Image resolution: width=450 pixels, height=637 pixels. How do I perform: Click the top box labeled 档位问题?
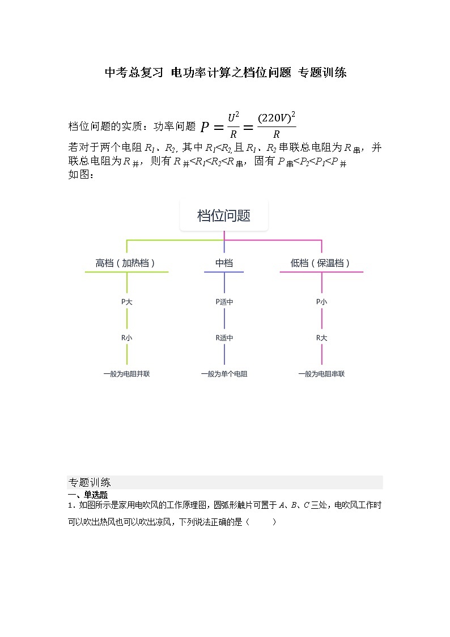pyautogui.click(x=224, y=216)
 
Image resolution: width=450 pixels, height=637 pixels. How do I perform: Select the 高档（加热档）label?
pyautogui.click(x=126, y=263)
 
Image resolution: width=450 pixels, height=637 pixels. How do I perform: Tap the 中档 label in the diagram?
pyautogui.click(x=224, y=263)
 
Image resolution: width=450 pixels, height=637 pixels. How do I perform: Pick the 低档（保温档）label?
pyautogui.click(x=321, y=263)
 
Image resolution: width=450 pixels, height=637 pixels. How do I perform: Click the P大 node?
pyautogui.click(x=126, y=302)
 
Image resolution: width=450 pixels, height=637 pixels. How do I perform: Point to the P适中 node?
pyautogui.click(x=224, y=302)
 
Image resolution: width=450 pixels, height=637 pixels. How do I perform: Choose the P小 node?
pyautogui.click(x=321, y=302)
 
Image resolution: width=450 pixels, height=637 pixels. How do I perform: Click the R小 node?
pyautogui.click(x=126, y=338)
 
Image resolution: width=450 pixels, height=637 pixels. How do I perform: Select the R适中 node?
pyautogui.click(x=224, y=338)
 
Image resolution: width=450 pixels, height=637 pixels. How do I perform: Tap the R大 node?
pyautogui.click(x=321, y=338)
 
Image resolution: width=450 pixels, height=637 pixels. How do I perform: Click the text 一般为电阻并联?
pyautogui.click(x=126, y=374)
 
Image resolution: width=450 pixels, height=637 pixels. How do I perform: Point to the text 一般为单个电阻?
pyautogui.click(x=224, y=374)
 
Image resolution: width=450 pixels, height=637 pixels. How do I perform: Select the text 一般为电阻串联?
pyautogui.click(x=321, y=374)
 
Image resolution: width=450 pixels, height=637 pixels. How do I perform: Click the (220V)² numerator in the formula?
pyautogui.click(x=276, y=118)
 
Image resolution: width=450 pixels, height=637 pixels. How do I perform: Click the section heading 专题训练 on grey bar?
pyautogui.click(x=90, y=483)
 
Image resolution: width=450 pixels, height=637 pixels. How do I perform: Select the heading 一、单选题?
pyautogui.click(x=87, y=495)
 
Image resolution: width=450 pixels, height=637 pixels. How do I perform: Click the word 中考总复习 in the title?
pyautogui.click(x=134, y=73)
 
